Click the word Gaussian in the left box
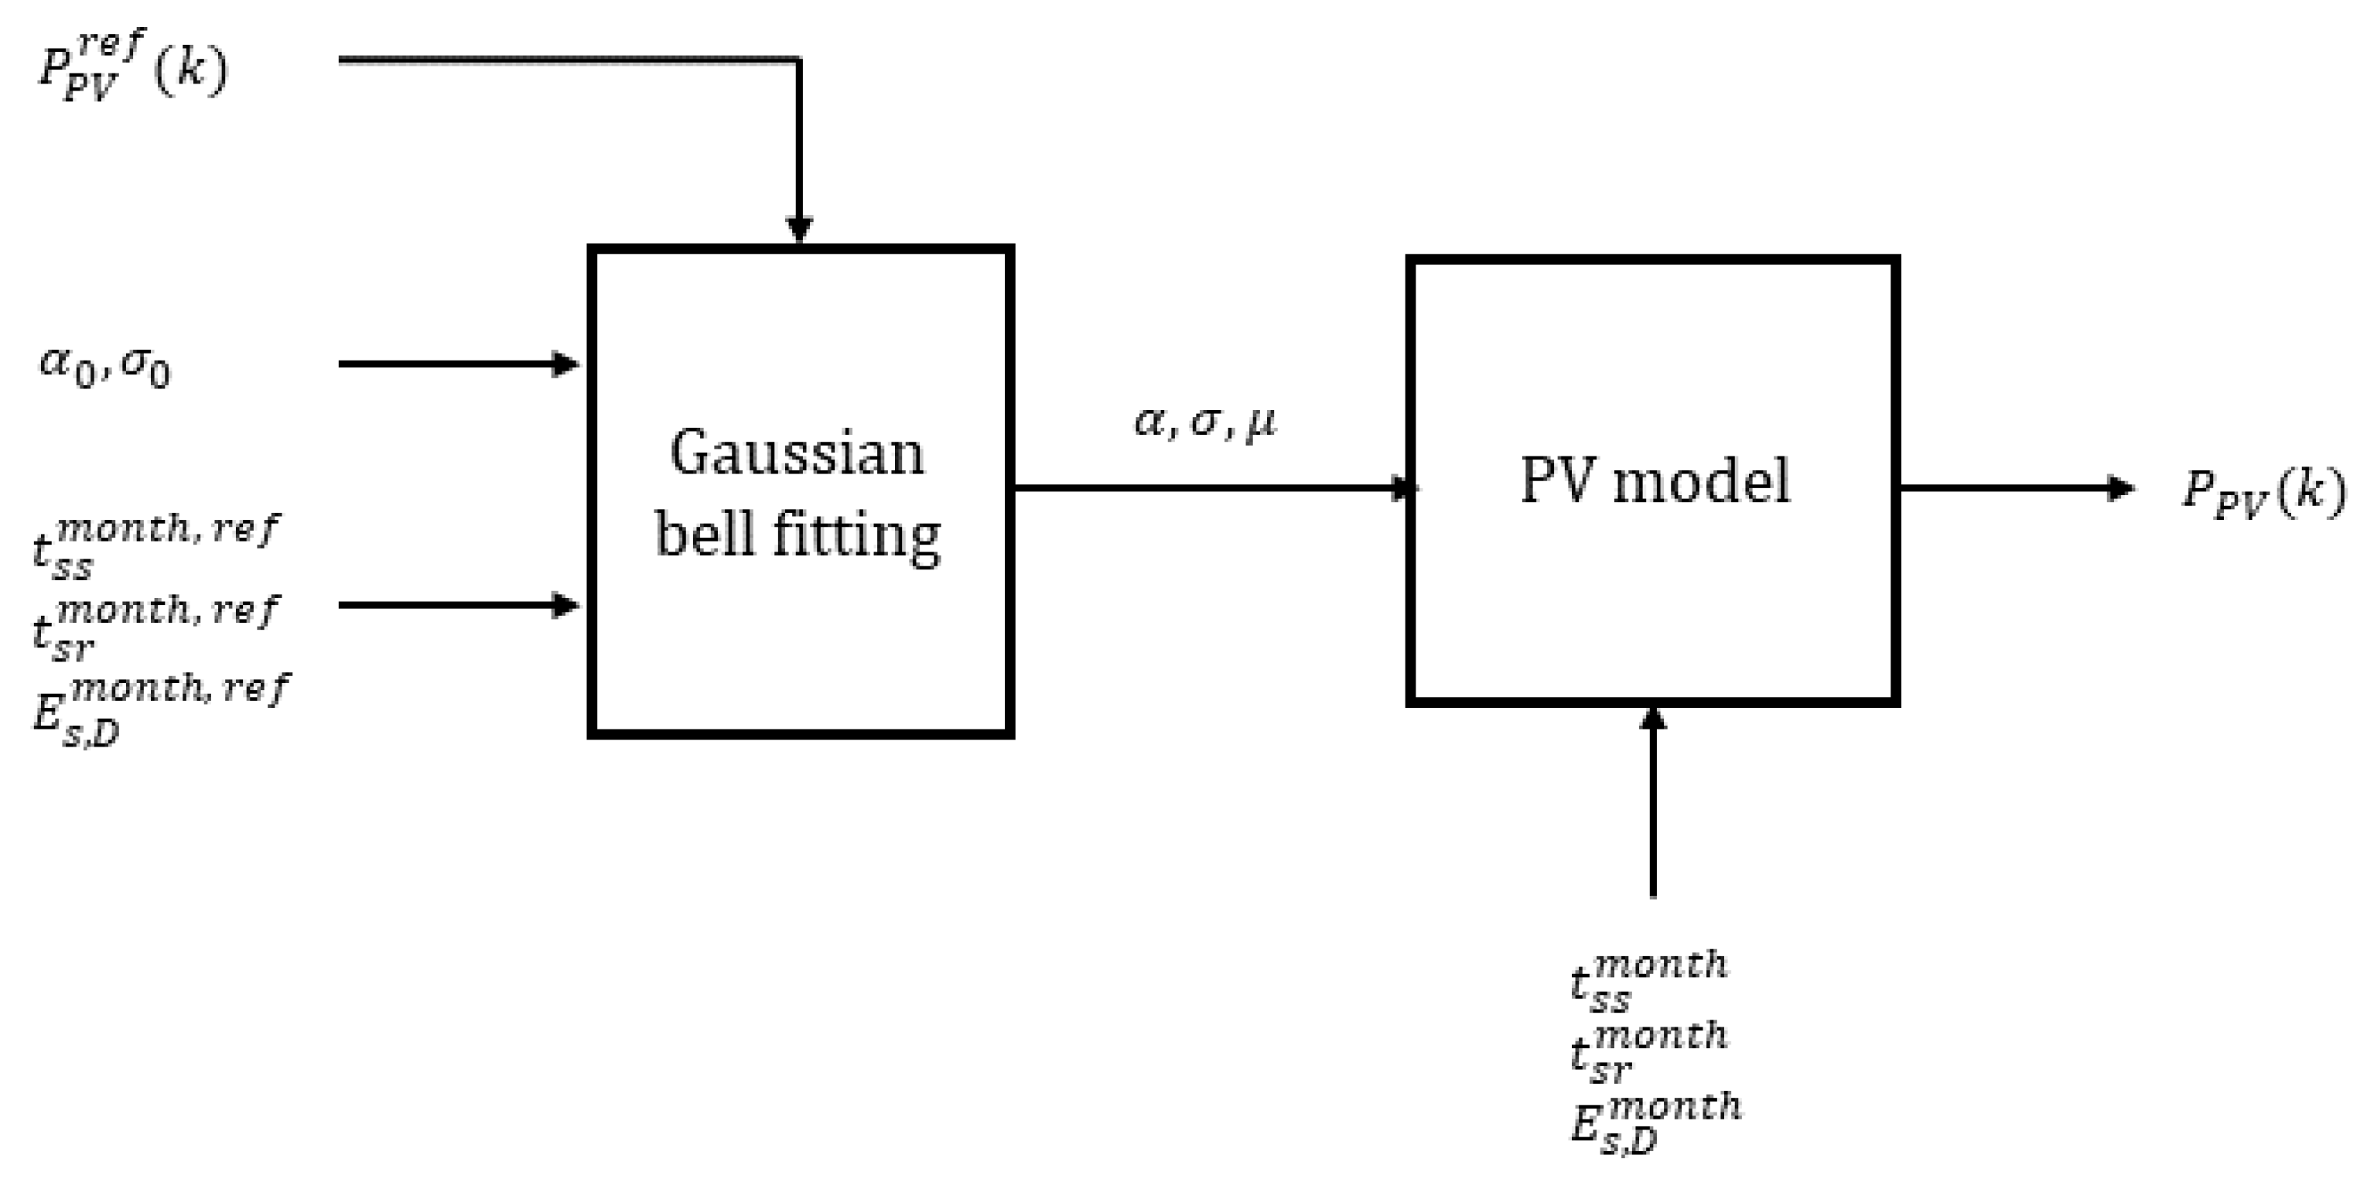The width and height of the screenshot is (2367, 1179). (797, 454)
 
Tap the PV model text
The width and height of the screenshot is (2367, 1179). (1655, 480)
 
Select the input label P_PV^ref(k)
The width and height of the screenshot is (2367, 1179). (131, 67)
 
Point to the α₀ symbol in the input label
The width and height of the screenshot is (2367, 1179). (67, 365)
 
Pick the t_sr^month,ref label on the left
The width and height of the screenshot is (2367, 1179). (155, 628)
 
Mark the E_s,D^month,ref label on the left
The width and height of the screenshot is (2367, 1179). (161, 709)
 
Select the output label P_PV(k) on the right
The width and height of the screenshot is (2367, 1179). (2263, 491)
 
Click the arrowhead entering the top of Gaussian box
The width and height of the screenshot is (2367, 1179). (799, 229)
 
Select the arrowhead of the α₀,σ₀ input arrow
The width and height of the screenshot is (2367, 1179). (564, 364)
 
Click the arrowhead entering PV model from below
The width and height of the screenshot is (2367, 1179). (1653, 719)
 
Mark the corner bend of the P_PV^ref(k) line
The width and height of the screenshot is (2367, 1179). (799, 60)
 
